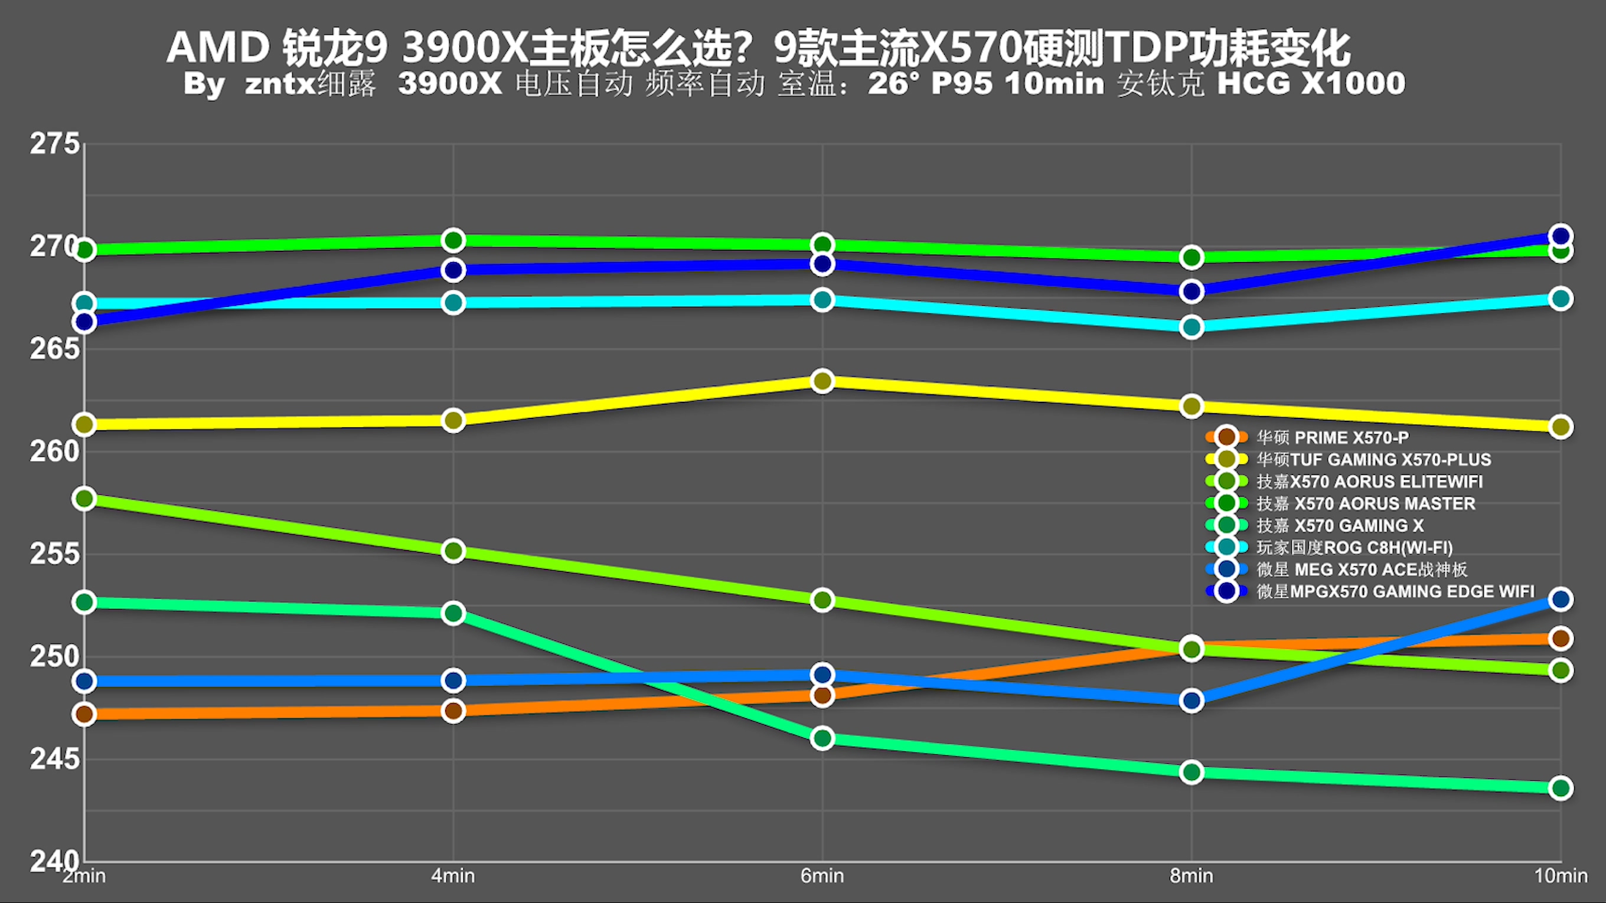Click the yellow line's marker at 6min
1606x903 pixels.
[x=822, y=381]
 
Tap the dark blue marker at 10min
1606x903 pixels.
[x=1560, y=236]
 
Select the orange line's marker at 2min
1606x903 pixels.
[x=84, y=714]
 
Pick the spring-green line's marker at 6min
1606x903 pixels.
[x=822, y=738]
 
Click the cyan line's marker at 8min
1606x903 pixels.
[x=1192, y=327]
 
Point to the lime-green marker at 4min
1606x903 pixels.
[x=453, y=551]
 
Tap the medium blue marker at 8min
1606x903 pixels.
[x=1192, y=701]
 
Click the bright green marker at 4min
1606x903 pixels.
[x=453, y=240]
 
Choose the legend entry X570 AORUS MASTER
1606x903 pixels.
[x=1365, y=503]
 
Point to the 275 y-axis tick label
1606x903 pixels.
[x=55, y=144]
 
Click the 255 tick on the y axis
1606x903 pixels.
[x=55, y=554]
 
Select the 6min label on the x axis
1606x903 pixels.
[x=822, y=876]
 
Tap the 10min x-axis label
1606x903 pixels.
[x=1561, y=876]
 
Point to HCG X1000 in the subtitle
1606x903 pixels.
[x=1311, y=83]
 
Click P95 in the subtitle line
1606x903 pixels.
[x=961, y=83]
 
